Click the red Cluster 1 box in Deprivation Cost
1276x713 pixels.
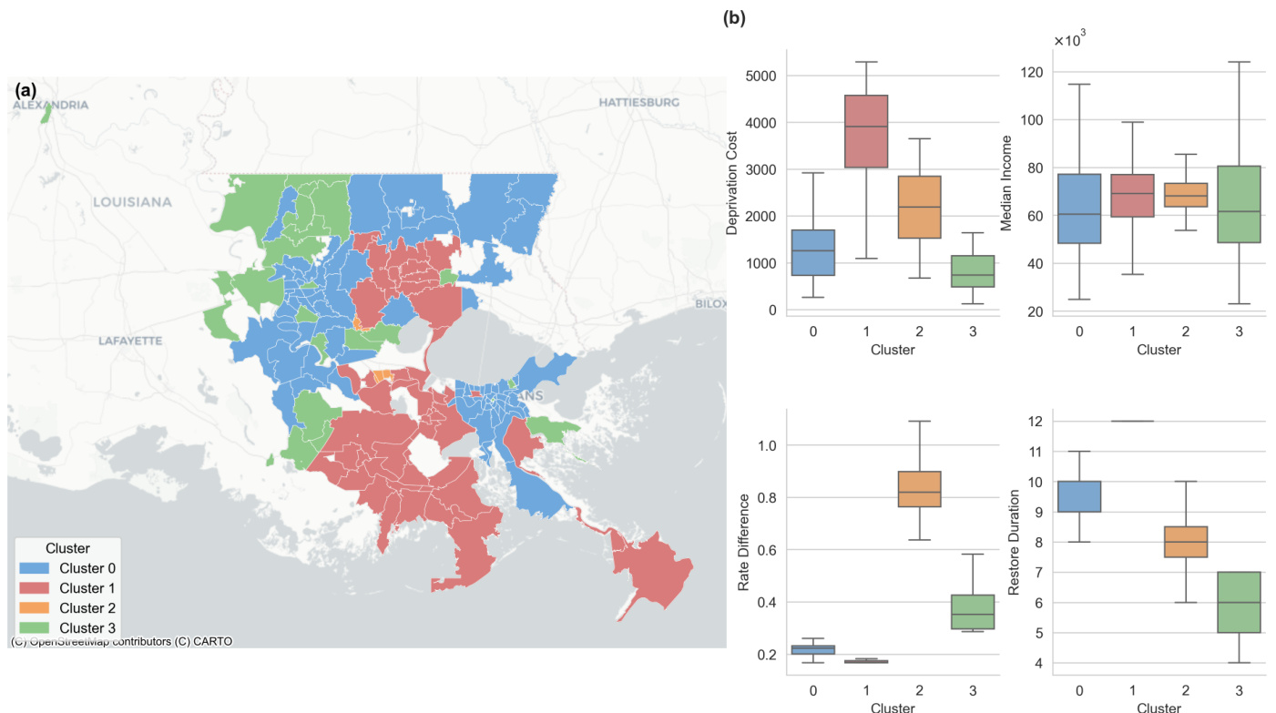point(865,131)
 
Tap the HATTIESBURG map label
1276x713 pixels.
point(639,103)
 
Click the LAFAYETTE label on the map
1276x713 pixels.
point(130,341)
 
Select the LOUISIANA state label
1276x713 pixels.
point(132,201)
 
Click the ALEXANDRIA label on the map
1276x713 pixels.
point(51,106)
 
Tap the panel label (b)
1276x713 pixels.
point(733,17)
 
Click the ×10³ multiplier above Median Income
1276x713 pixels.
point(1070,40)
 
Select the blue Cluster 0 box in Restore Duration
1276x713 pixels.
point(1079,496)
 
